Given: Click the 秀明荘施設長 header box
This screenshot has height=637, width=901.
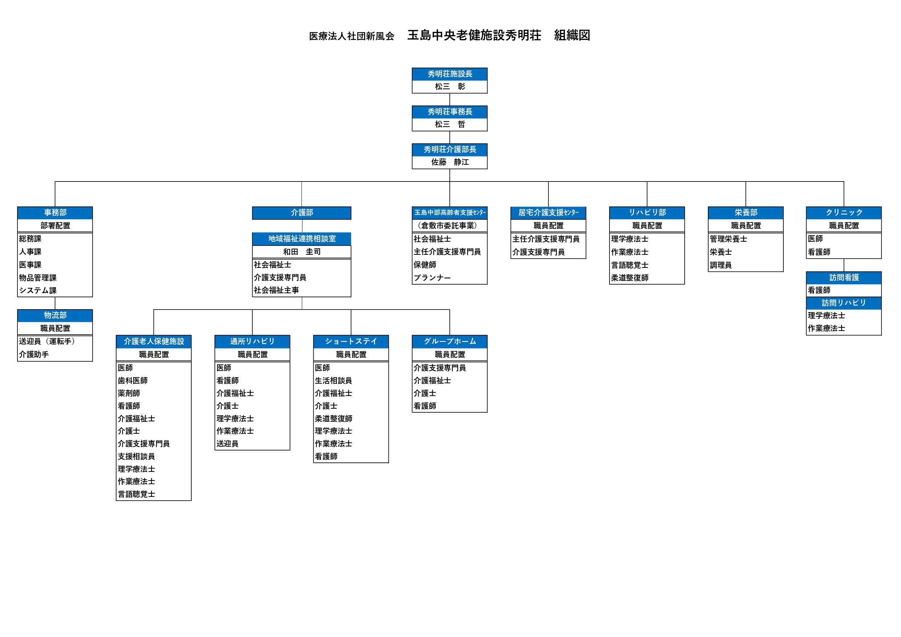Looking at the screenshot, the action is pyautogui.click(x=449, y=74).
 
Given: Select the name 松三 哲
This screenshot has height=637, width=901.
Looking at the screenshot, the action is pyautogui.click(x=450, y=124).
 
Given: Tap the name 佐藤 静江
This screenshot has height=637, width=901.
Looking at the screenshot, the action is pyautogui.click(x=450, y=162).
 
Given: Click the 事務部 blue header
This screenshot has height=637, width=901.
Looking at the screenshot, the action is pyautogui.click(x=55, y=213).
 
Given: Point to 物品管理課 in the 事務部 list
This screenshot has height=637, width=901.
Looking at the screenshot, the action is pyautogui.click(x=38, y=278).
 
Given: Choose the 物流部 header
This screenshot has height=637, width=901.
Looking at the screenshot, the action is pyautogui.click(x=55, y=315).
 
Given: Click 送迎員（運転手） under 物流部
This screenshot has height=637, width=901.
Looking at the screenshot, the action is pyautogui.click(x=47, y=342).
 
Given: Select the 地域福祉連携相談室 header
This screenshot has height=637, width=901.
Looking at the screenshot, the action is pyautogui.click(x=302, y=238).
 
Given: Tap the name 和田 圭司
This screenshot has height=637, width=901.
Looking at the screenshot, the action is pyautogui.click(x=302, y=252).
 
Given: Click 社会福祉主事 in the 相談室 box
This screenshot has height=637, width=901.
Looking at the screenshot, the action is pyautogui.click(x=276, y=290).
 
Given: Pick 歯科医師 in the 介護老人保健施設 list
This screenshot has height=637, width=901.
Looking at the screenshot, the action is pyautogui.click(x=132, y=381).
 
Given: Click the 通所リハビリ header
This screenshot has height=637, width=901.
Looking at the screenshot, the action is pyautogui.click(x=252, y=342).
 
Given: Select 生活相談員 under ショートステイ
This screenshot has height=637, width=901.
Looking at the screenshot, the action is pyautogui.click(x=333, y=381).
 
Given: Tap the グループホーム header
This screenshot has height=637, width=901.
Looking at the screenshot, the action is pyautogui.click(x=450, y=342).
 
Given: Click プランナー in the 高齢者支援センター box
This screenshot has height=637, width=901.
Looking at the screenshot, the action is pyautogui.click(x=432, y=278).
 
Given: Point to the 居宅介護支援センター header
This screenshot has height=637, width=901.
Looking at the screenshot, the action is pyautogui.click(x=548, y=213).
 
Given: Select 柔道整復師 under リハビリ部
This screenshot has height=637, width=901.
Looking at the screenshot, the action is pyautogui.click(x=629, y=278).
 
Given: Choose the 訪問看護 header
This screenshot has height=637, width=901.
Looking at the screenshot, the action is pyautogui.click(x=844, y=278).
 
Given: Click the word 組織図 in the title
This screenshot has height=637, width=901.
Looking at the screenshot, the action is pyautogui.click(x=572, y=35).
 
